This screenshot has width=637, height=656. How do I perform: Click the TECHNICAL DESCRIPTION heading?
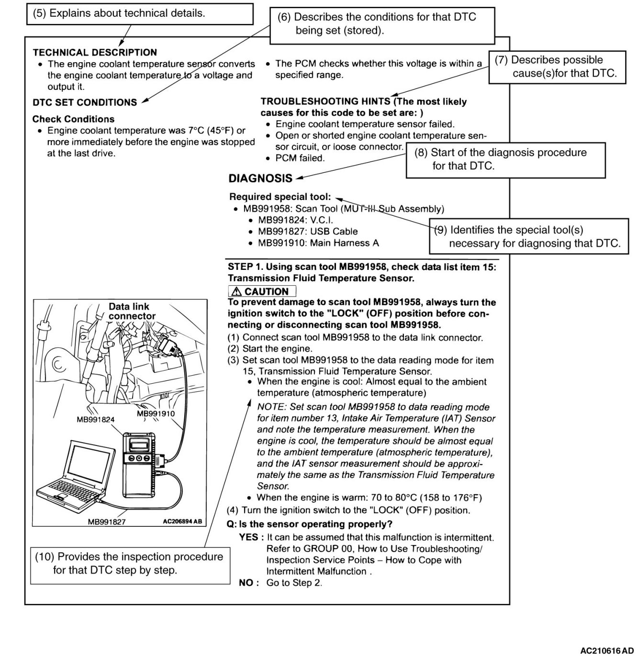[x=95, y=53]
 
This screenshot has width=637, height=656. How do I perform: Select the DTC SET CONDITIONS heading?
[x=85, y=102]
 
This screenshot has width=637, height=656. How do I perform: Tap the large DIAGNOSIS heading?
[x=260, y=178]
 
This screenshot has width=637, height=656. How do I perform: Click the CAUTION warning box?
[x=262, y=291]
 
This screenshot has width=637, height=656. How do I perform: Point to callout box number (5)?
[x=139, y=13]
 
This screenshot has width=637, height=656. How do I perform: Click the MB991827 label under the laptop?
[x=106, y=522]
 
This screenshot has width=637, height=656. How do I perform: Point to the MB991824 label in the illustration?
[x=96, y=420]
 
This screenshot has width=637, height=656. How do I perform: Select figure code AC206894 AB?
[x=182, y=521]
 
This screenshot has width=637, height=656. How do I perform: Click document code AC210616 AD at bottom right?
[x=606, y=651]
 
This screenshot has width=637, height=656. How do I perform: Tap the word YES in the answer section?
[x=248, y=537]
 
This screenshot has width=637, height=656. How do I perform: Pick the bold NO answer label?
[x=248, y=583]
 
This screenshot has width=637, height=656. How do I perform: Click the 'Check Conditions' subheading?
[x=73, y=119]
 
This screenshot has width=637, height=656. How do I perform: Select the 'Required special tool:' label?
[x=280, y=197]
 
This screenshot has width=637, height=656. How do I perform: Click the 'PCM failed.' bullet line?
[x=300, y=158]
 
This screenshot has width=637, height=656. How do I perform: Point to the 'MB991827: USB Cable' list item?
[x=308, y=232]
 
